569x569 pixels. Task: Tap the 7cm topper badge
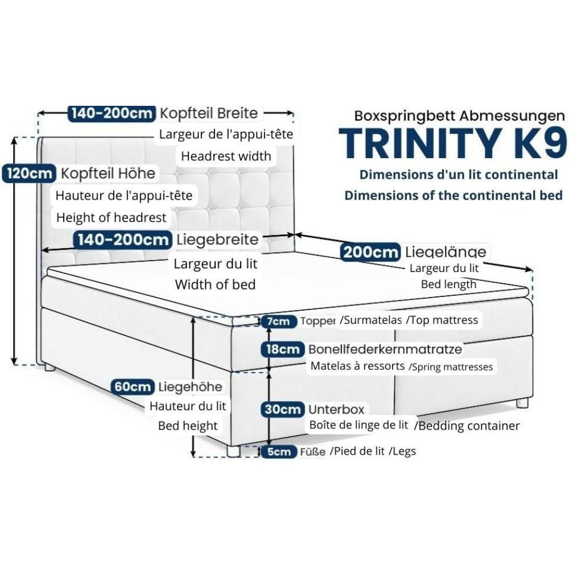(x=279, y=321)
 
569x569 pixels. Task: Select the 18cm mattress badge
(x=283, y=349)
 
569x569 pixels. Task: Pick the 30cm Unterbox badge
(x=283, y=409)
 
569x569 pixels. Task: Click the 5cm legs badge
(x=279, y=451)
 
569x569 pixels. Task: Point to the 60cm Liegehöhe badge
(x=133, y=386)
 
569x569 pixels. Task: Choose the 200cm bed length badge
(x=370, y=252)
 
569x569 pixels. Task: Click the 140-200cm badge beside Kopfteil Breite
(x=112, y=113)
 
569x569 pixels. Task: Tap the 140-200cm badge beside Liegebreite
(x=123, y=240)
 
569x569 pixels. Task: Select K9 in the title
(x=538, y=143)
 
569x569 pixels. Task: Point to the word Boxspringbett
(x=405, y=116)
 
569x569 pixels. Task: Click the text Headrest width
(x=226, y=156)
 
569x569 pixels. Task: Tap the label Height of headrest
(x=111, y=217)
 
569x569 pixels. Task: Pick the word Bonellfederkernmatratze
(x=385, y=349)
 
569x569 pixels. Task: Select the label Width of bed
(x=215, y=284)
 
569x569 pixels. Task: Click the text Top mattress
(x=444, y=320)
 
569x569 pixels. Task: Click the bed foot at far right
(x=522, y=402)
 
